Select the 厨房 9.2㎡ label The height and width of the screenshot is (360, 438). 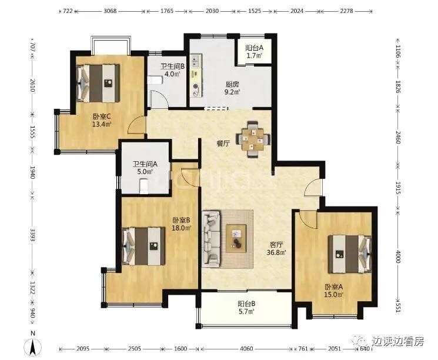232,88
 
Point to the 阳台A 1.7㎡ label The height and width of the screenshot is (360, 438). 254,52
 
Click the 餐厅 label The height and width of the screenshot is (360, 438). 223,144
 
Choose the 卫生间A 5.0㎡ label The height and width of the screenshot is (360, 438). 145,168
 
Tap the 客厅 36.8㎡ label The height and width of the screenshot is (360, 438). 277,249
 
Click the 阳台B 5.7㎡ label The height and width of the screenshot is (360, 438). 246,308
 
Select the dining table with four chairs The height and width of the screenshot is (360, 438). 253,139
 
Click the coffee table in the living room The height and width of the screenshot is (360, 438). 236,238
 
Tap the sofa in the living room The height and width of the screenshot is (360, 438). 211,239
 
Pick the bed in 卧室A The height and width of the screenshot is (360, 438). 350,254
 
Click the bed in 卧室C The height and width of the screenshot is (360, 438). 98,84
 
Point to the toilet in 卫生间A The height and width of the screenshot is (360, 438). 143,186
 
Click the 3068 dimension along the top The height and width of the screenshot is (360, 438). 110,11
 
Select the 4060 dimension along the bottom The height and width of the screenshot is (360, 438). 246,349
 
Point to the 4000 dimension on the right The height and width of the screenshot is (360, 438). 398,256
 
